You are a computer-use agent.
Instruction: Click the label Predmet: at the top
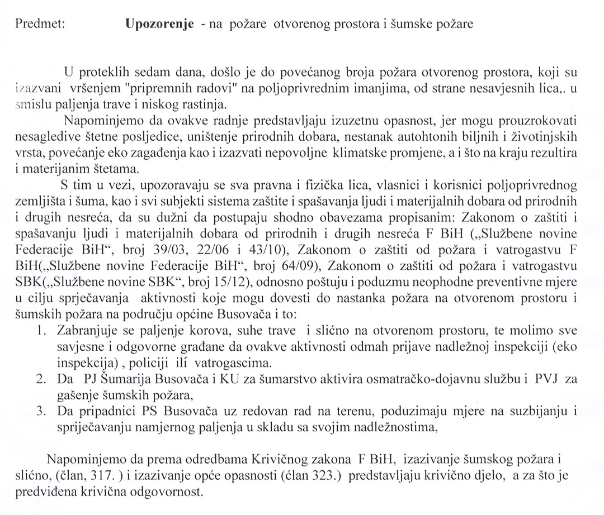click(x=40, y=24)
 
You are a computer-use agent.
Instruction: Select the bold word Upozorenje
click(x=161, y=24)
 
